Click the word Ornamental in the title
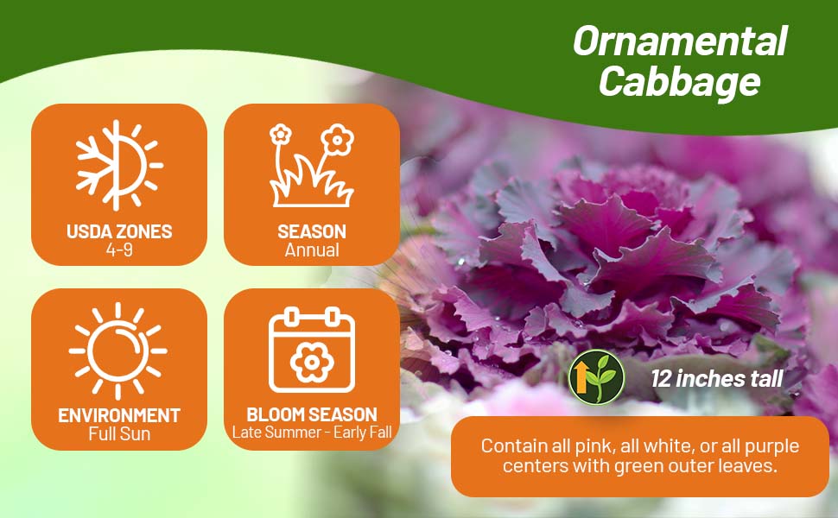click(680, 41)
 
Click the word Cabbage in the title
click(679, 82)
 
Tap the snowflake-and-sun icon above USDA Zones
click(118, 165)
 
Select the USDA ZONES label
click(119, 231)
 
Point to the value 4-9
click(119, 250)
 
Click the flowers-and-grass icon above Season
click(312, 165)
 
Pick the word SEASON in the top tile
click(312, 231)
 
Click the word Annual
click(312, 250)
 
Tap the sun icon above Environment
click(118, 351)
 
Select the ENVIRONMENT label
click(119, 415)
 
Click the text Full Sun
click(119, 433)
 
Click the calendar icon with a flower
click(312, 350)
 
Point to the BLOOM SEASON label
click(312, 414)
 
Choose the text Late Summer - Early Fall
click(312, 432)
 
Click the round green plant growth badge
click(596, 377)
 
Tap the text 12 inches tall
click(717, 379)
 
